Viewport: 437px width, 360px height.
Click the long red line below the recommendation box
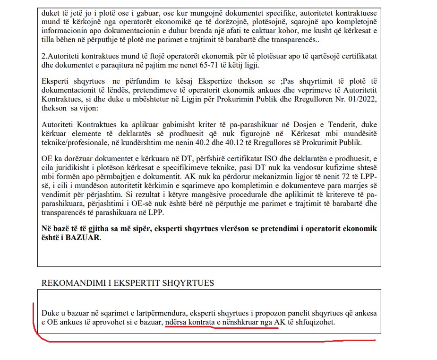click(208, 341)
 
